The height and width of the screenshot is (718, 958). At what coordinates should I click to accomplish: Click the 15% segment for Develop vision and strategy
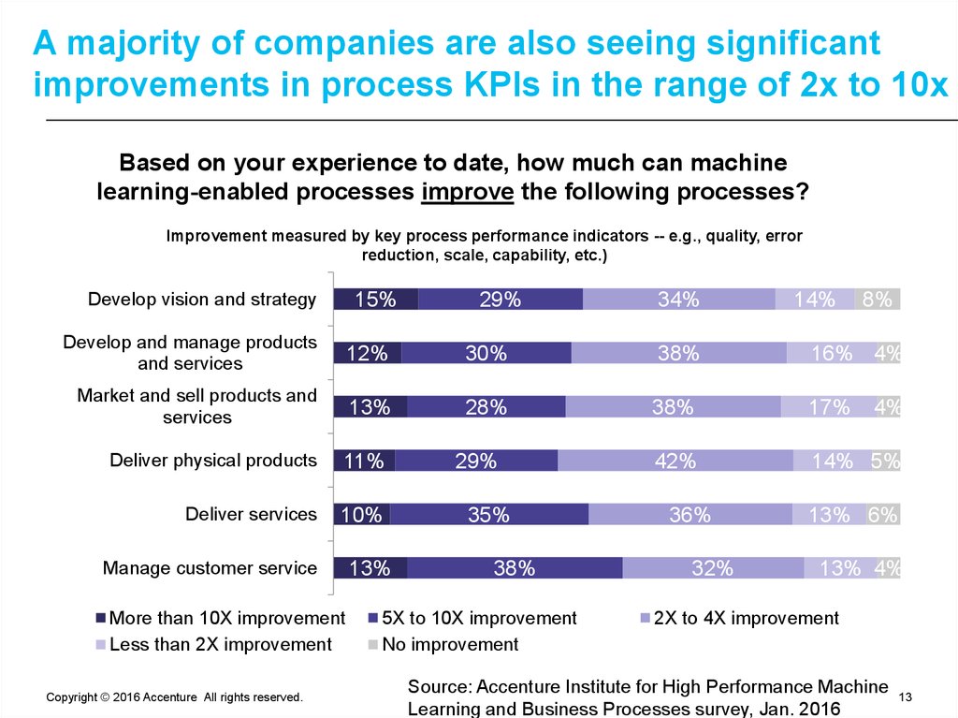[375, 300]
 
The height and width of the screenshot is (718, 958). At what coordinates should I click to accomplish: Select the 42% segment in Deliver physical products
[675, 461]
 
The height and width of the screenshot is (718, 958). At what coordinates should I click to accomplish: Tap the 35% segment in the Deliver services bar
[488, 515]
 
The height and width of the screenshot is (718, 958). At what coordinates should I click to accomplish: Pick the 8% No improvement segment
[878, 300]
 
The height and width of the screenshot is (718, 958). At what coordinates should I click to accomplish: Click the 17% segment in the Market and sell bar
[828, 407]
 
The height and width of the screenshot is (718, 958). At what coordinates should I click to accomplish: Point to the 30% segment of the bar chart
[486, 353]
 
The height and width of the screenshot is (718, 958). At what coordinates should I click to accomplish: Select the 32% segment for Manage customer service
[713, 568]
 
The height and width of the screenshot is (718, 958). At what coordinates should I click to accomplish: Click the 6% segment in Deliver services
[883, 515]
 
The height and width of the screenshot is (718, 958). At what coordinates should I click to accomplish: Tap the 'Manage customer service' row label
[210, 568]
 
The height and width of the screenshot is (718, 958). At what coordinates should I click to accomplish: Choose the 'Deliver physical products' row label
[213, 461]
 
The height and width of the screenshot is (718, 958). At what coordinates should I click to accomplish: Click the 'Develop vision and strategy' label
[202, 300]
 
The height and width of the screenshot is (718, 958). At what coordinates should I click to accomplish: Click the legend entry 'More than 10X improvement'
[221, 619]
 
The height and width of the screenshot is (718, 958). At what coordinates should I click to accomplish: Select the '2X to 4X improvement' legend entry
[738, 619]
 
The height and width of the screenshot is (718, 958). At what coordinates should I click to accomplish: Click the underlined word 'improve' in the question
[467, 192]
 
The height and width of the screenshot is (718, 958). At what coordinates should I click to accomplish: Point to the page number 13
[905, 697]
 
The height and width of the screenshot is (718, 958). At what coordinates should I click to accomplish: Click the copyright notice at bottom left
[174, 697]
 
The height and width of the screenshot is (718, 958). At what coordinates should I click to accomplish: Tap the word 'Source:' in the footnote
[441, 687]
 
